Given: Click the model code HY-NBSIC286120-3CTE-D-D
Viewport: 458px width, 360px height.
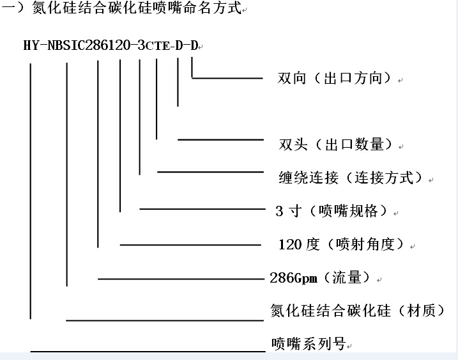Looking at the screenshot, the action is [111, 45].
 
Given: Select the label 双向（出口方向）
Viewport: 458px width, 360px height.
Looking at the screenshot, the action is [334, 78].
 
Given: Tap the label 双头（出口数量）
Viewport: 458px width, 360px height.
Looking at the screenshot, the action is [335, 144].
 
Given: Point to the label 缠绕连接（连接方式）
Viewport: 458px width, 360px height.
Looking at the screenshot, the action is [351, 178].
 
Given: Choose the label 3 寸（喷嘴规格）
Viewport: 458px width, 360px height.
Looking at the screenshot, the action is [332, 210].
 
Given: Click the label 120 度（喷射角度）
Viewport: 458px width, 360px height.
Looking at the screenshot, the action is [342, 244].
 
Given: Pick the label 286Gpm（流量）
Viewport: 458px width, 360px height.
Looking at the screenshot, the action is [321, 278].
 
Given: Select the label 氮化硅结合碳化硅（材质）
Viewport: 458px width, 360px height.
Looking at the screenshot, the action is [358, 310].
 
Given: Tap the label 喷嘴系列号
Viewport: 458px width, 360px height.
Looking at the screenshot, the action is [309, 343].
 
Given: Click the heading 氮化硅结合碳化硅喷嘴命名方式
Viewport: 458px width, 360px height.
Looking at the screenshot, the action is [137, 8].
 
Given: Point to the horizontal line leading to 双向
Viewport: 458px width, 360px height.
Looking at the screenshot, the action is [227, 78].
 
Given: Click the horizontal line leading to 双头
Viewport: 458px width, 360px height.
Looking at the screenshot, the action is [220, 140].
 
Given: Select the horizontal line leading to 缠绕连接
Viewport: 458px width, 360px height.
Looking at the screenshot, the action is [210, 172].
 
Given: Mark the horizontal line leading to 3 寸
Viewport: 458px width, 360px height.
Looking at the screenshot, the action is [202, 209].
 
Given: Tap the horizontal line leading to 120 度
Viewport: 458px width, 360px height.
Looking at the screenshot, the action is [190, 245].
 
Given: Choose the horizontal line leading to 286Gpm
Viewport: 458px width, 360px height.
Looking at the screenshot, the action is [181, 279].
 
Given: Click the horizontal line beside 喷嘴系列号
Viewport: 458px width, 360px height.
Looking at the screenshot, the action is [148, 351].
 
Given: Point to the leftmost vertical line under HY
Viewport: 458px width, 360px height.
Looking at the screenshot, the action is [31, 191].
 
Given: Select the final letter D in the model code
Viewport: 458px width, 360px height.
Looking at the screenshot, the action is [194, 45].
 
